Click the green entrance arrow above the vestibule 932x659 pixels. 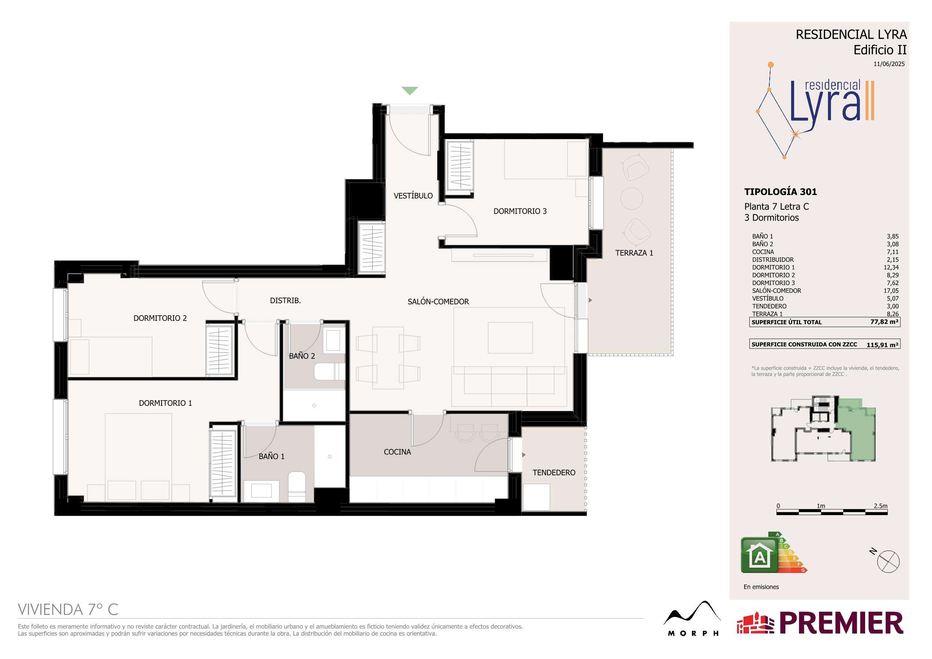(x=409, y=91)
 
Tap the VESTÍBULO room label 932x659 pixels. (x=413, y=196)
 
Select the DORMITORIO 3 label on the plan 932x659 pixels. (x=520, y=211)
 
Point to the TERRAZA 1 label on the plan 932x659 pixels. (x=634, y=253)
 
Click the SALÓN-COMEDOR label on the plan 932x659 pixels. (x=438, y=302)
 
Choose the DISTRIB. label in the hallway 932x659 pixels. (x=285, y=301)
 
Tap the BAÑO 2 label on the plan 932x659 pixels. (x=302, y=356)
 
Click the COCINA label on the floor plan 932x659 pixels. (x=397, y=452)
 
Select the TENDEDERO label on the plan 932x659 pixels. (x=554, y=473)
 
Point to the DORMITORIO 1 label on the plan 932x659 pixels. (x=165, y=403)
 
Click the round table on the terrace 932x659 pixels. (x=631, y=198)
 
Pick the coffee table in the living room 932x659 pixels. (x=510, y=338)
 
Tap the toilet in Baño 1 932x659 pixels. (x=297, y=487)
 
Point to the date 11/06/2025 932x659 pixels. (x=889, y=64)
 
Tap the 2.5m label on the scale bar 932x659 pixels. (x=881, y=506)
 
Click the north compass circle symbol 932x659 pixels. (x=888, y=562)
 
